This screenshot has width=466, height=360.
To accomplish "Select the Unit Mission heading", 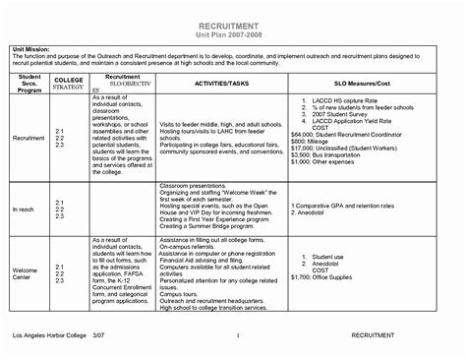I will click(32, 48).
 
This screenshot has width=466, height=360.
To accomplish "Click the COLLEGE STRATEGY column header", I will click(67, 85).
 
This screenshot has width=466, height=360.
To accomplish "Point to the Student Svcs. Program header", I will click(29, 85).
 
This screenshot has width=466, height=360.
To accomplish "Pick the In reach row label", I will click(24, 210).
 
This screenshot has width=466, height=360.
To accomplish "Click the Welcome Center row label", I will click(25, 272).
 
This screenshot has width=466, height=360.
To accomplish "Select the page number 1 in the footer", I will click(238, 337).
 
